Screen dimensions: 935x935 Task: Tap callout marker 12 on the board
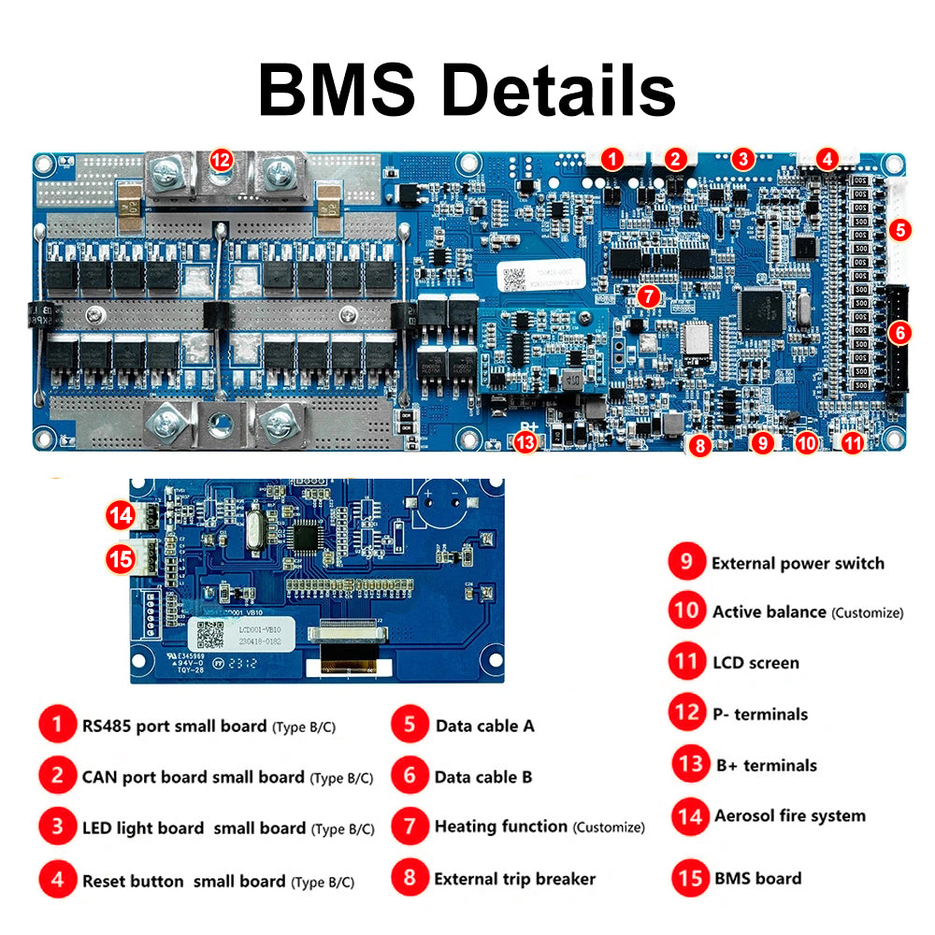click(221, 160)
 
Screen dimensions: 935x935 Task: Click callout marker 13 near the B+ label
click(527, 442)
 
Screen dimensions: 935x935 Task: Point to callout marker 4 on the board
click(827, 160)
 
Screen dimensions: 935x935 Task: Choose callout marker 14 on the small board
click(121, 513)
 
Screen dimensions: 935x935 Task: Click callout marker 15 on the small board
click(121, 559)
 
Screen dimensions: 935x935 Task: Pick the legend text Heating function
click(500, 827)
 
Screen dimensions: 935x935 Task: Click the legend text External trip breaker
click(514, 879)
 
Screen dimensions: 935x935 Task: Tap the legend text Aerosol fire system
click(790, 816)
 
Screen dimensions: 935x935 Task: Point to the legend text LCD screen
click(755, 663)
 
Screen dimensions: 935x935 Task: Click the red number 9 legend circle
click(686, 562)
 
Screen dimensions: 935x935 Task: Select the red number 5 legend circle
click(410, 725)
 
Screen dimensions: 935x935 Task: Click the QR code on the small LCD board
click(208, 636)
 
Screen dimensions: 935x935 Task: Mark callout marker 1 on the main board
click(611, 159)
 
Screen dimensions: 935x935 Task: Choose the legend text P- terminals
click(759, 714)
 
